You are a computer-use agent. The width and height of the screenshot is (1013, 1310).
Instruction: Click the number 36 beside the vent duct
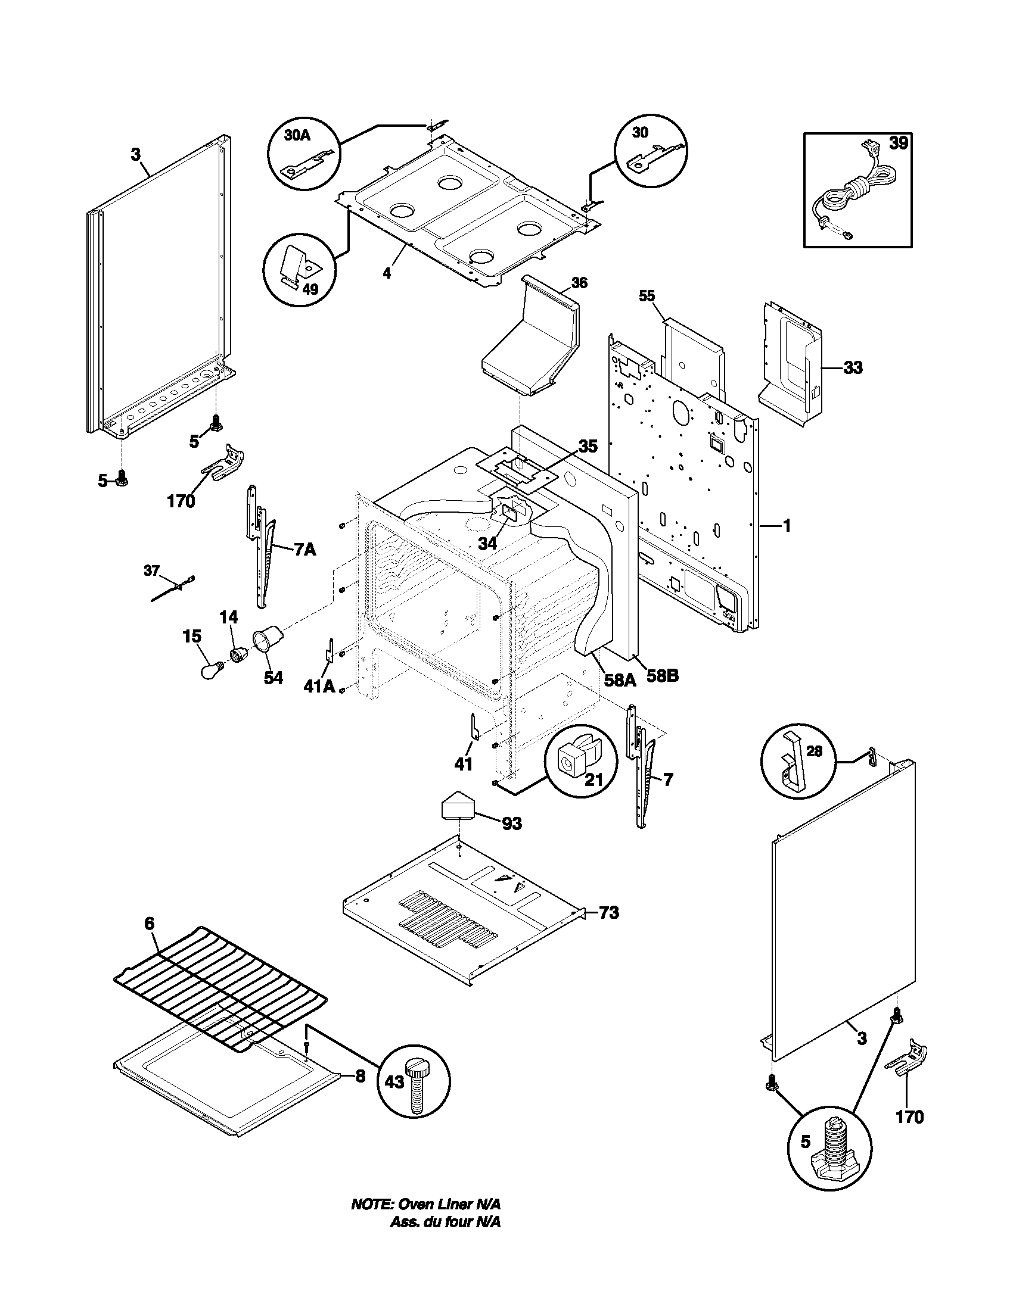579,282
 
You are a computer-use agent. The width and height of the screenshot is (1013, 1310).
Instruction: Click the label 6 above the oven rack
150,924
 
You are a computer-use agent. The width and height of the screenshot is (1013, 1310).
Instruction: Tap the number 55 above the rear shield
647,297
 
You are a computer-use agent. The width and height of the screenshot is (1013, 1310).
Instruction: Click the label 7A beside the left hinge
304,549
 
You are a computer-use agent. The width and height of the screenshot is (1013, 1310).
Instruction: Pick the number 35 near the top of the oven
588,446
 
